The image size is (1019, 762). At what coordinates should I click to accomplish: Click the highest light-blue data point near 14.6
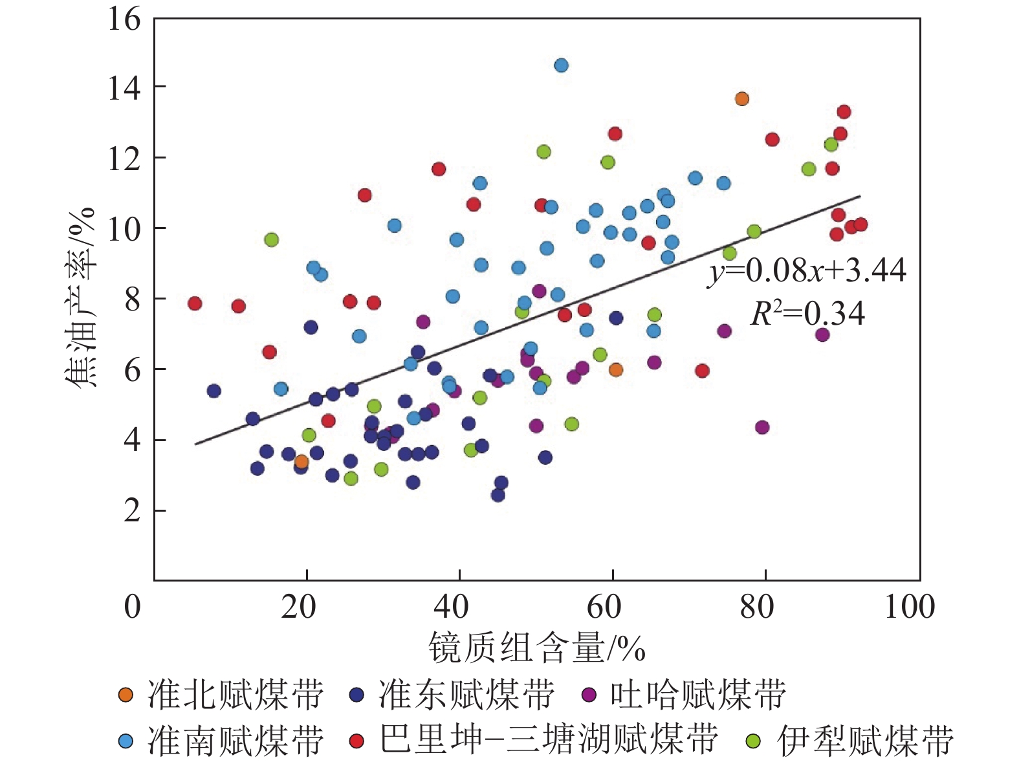click(561, 65)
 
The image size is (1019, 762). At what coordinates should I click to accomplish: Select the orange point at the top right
click(742, 99)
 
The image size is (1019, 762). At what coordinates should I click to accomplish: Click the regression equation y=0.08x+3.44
click(807, 270)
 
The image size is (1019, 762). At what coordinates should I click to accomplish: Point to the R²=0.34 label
click(807, 314)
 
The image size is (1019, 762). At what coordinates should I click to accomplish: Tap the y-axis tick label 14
click(124, 87)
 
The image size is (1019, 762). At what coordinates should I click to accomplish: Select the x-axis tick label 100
click(910, 607)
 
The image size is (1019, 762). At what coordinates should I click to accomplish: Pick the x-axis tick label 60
click(604, 607)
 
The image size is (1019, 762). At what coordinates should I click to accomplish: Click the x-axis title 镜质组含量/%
click(536, 648)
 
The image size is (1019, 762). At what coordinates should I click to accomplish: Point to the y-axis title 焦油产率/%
click(81, 298)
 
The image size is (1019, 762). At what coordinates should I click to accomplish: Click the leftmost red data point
click(195, 303)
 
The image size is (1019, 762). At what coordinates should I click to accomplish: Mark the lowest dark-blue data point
click(498, 495)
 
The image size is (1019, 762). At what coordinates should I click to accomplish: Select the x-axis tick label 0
click(132, 607)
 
